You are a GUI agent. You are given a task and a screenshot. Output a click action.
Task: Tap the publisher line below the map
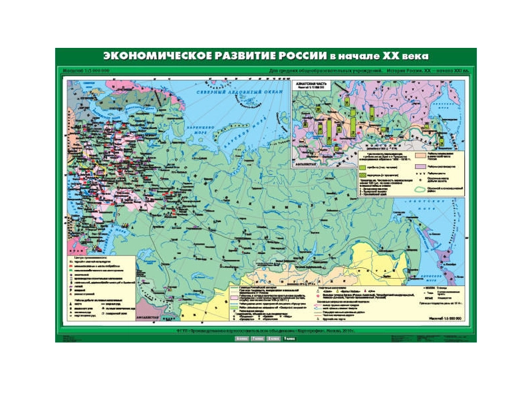266,331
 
